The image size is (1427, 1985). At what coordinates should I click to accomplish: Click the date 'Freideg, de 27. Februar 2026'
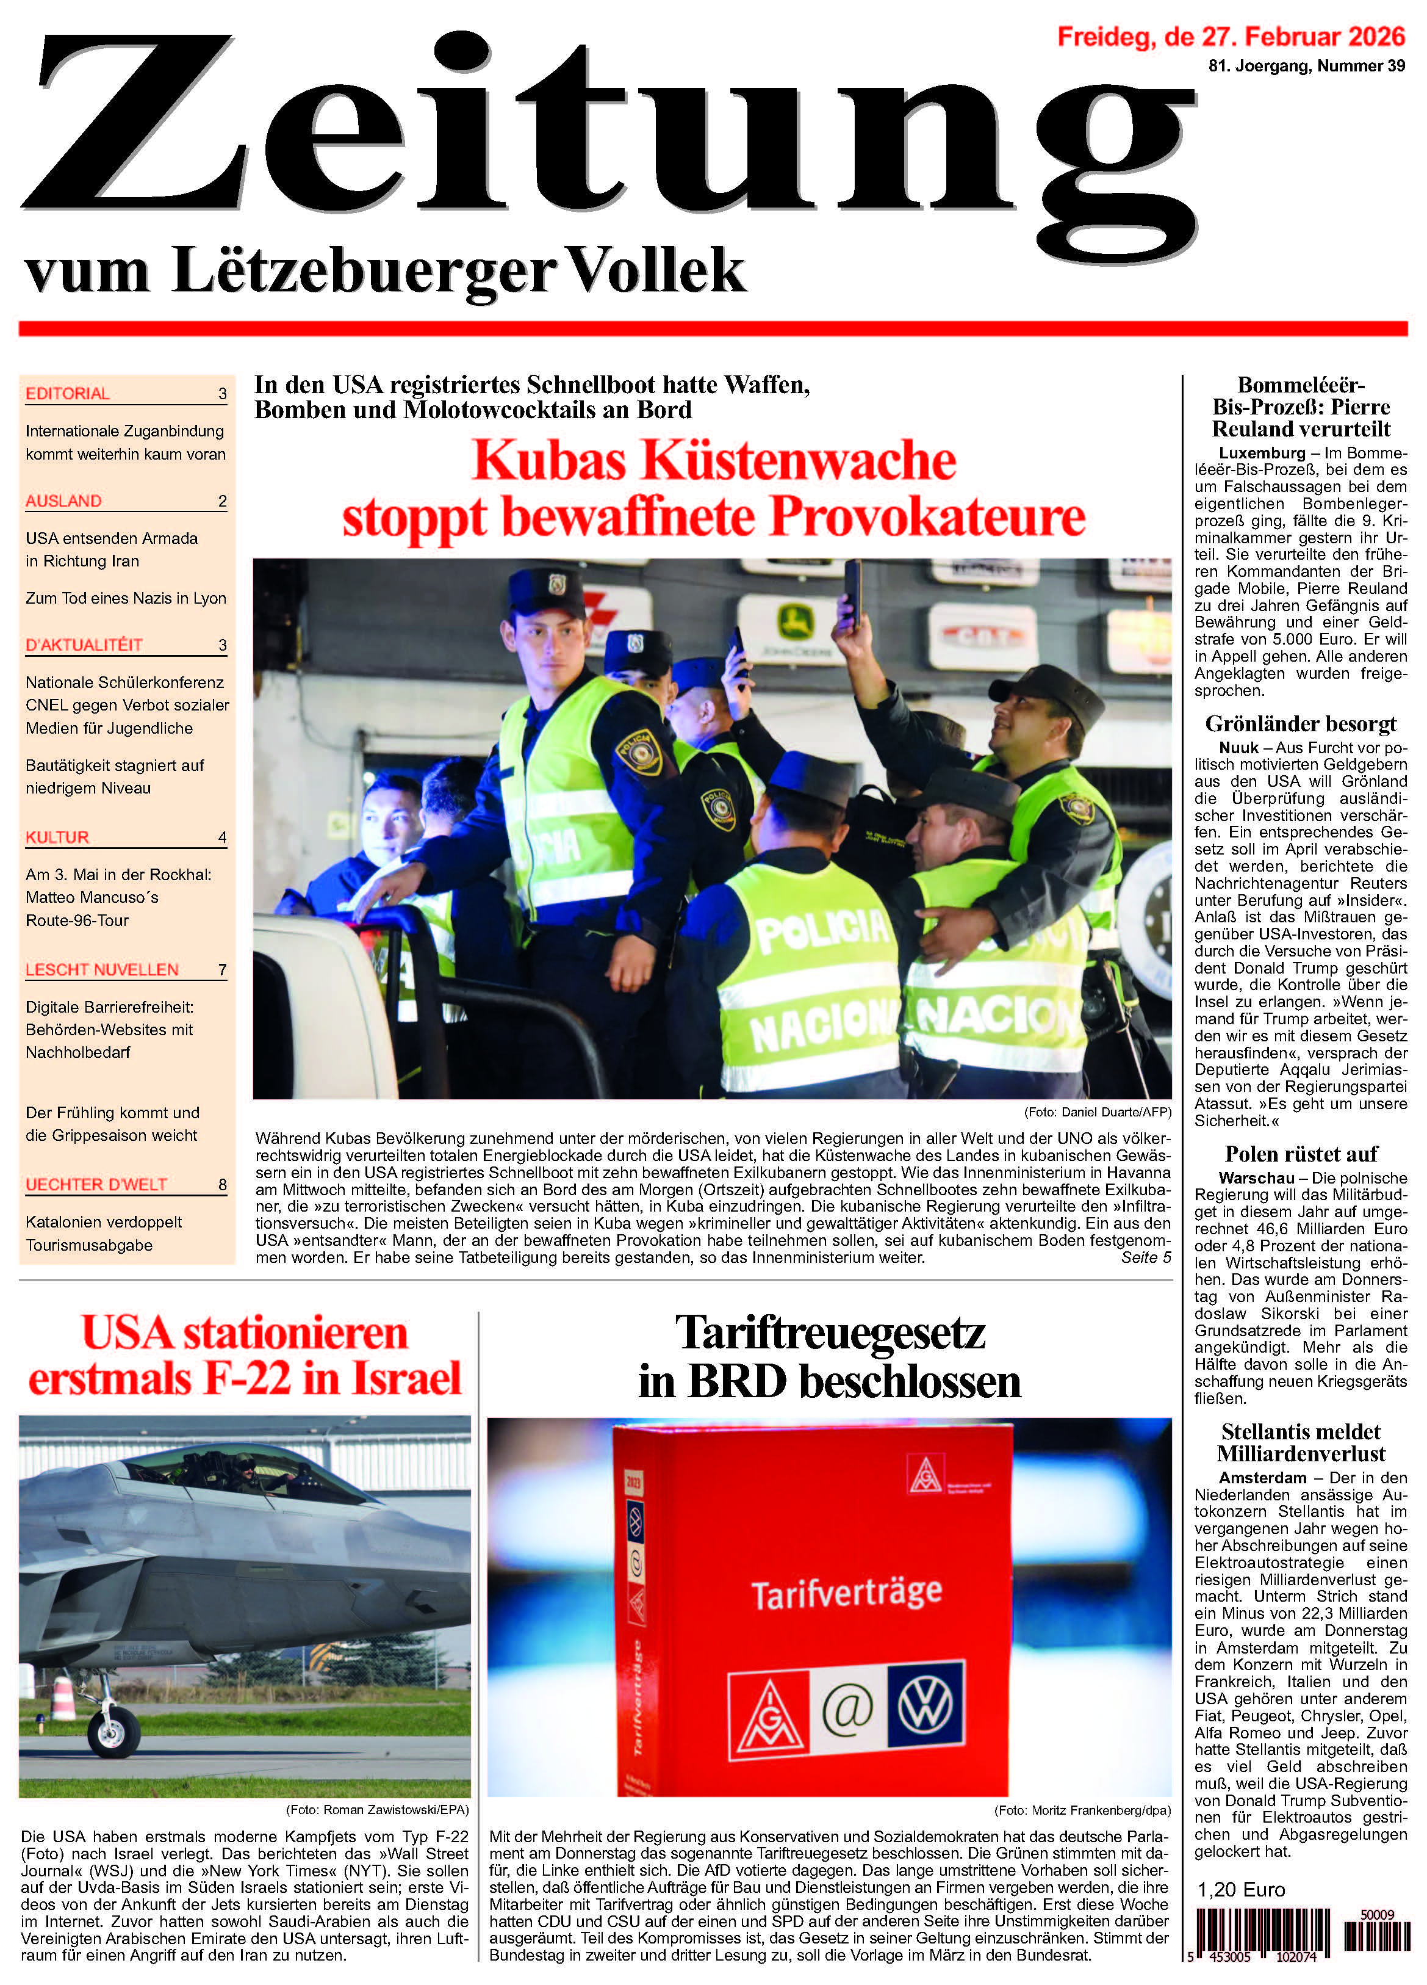pyautogui.click(x=1230, y=37)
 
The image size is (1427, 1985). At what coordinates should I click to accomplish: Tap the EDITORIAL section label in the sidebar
pyautogui.click(x=67, y=394)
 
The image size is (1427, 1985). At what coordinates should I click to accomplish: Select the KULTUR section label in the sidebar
pyautogui.click(x=57, y=837)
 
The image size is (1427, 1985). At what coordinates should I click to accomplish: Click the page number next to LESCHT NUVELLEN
pyautogui.click(x=222, y=970)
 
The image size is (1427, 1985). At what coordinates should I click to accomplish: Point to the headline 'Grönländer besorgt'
pyautogui.click(x=1300, y=724)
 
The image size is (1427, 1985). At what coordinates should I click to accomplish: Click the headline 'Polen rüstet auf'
pyautogui.click(x=1300, y=1154)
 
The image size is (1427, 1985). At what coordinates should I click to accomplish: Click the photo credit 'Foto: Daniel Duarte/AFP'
pyautogui.click(x=1097, y=1112)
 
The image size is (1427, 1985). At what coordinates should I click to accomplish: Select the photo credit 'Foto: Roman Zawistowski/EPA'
pyautogui.click(x=377, y=1810)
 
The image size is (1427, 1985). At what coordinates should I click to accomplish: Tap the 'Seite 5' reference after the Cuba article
pyautogui.click(x=1145, y=1257)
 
